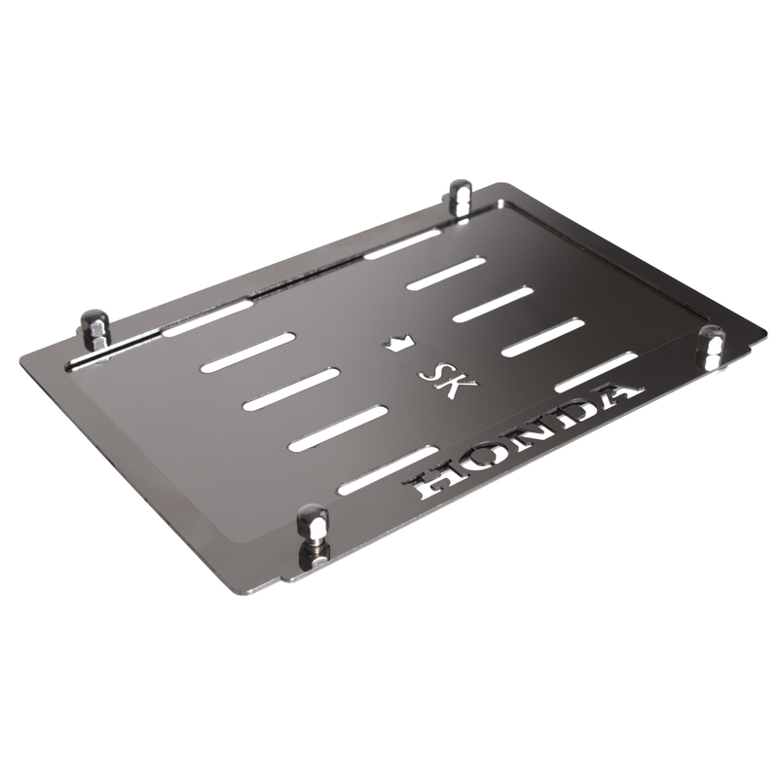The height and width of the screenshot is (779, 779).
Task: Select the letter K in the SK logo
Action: [459, 386]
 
